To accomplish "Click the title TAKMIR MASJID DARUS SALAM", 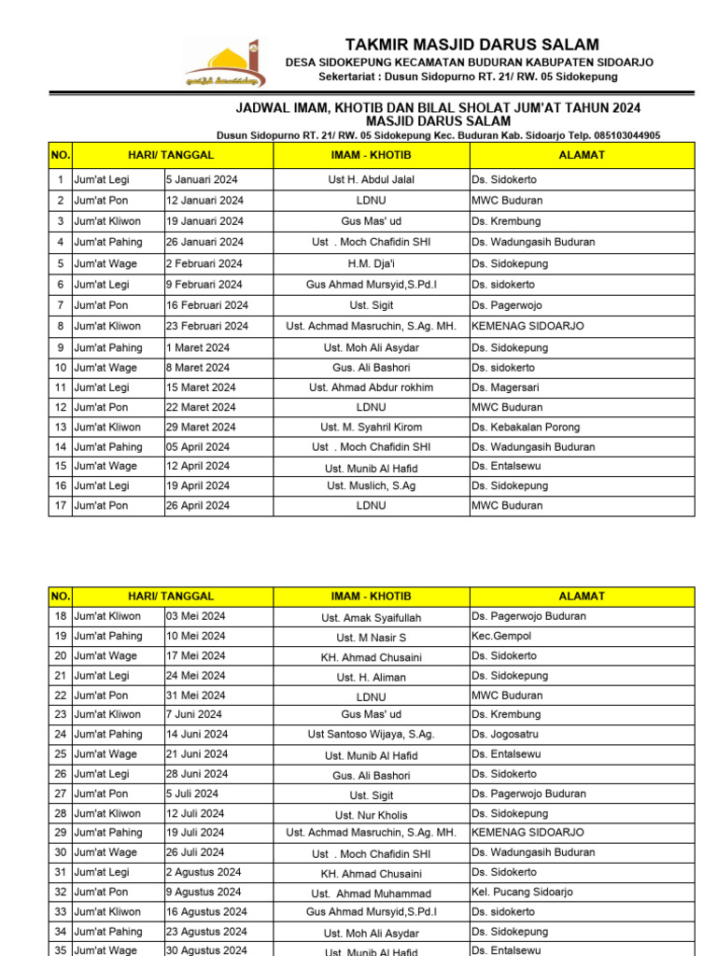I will pyautogui.click(x=471, y=45).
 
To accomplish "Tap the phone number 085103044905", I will pyautogui.click(x=620, y=135).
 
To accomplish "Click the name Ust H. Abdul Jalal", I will pyautogui.click(x=372, y=179).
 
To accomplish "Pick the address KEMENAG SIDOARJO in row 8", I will pyautogui.click(x=527, y=326).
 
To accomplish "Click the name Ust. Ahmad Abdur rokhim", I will pyautogui.click(x=372, y=387).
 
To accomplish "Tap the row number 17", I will pyautogui.click(x=60, y=505).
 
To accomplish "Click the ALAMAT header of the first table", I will pyautogui.click(x=582, y=155).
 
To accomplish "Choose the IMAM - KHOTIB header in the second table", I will pyautogui.click(x=372, y=596).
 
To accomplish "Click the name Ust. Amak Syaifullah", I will pyautogui.click(x=372, y=617).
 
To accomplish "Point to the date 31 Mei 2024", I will pyautogui.click(x=195, y=696).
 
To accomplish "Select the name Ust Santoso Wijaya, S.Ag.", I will pyautogui.click(x=372, y=735).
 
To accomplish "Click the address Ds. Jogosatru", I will pyautogui.click(x=506, y=734).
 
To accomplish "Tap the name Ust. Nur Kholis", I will pyautogui.click(x=372, y=814).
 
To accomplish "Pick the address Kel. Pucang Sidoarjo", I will pyautogui.click(x=522, y=892).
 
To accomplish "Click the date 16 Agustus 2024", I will pyautogui.click(x=206, y=911).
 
